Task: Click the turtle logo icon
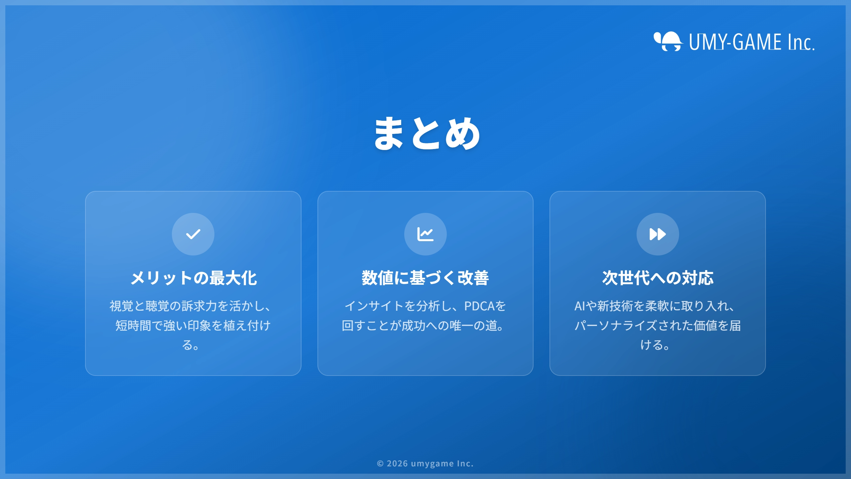coord(668,41)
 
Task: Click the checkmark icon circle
coord(193,234)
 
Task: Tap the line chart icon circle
coord(425,234)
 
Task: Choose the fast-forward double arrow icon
coord(658,234)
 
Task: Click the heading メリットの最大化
coord(193,278)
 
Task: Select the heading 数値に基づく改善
coord(425,278)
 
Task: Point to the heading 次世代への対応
coord(658,278)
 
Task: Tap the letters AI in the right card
coord(580,306)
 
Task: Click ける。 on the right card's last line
coord(655,345)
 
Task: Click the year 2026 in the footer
coord(397,463)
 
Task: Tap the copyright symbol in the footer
coord(380,464)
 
